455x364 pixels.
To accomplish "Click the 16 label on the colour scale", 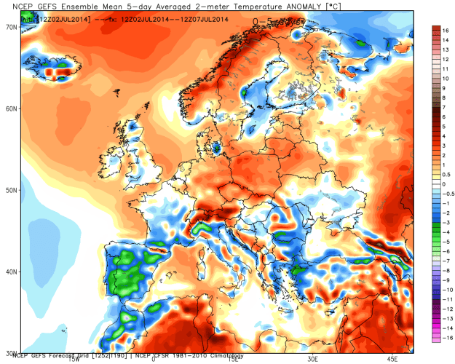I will point(443,31).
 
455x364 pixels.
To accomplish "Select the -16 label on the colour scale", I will point(443,339).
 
